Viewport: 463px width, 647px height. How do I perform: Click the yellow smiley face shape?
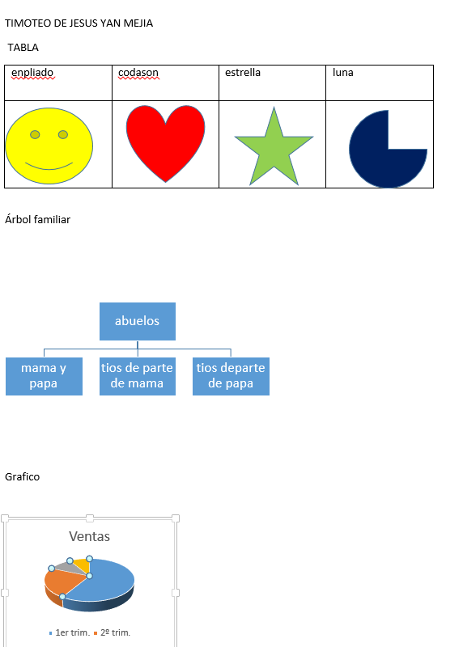(x=49, y=146)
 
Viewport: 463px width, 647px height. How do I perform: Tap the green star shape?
(x=274, y=149)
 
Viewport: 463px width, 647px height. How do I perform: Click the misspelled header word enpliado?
(x=32, y=73)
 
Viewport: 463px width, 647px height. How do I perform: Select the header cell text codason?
(x=138, y=73)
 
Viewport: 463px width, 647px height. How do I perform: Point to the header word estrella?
(x=243, y=73)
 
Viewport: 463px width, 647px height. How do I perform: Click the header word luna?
(x=343, y=73)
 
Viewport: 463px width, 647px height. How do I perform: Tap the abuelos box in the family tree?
(x=138, y=321)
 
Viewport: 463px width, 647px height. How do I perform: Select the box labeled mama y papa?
(x=44, y=376)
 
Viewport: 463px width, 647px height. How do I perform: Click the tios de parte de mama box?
(x=138, y=376)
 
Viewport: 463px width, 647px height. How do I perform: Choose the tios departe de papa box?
(x=231, y=376)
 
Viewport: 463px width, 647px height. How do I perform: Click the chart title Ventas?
(x=90, y=536)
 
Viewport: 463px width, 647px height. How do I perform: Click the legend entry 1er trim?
(x=70, y=632)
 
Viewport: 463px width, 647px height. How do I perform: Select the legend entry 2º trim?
(x=113, y=632)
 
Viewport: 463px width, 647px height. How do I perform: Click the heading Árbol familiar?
(x=37, y=219)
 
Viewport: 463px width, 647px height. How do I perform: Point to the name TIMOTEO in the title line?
(x=28, y=23)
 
